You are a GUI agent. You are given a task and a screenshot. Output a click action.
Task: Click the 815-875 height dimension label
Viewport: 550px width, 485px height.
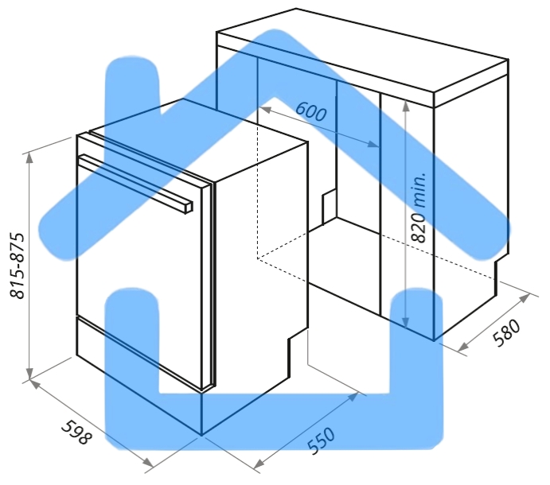pyautogui.click(x=18, y=266)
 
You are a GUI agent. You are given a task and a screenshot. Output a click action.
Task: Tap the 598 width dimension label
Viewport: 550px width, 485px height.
pyautogui.click(x=77, y=432)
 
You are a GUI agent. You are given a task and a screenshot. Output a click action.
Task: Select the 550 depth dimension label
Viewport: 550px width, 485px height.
pyautogui.click(x=321, y=440)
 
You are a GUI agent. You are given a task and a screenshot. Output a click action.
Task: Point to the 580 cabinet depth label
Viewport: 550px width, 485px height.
pyautogui.click(x=506, y=332)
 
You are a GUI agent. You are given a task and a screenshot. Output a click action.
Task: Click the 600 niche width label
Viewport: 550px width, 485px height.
pyautogui.click(x=310, y=111)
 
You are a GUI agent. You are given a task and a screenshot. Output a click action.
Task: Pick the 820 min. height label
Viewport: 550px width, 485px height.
pyautogui.click(x=419, y=207)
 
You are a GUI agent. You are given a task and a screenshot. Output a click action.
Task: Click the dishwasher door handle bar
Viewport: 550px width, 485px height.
pyautogui.click(x=135, y=183)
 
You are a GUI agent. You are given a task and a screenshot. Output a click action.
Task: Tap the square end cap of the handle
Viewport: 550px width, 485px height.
pyautogui.click(x=189, y=207)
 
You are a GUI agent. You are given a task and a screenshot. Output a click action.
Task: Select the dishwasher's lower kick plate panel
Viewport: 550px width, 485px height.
pyautogui.click(x=138, y=353)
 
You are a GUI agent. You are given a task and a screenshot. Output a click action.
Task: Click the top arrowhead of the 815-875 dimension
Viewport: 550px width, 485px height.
pyautogui.click(x=29, y=157)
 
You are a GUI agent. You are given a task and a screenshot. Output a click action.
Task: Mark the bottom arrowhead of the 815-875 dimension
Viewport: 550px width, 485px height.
pyautogui.click(x=29, y=374)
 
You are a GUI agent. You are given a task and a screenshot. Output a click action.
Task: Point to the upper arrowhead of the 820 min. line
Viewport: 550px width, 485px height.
pyautogui.click(x=406, y=106)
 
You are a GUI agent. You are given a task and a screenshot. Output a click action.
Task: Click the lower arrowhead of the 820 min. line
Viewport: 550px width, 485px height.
pyautogui.click(x=406, y=323)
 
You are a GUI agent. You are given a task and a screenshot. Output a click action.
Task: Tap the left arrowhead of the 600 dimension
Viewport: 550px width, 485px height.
pyautogui.click(x=266, y=110)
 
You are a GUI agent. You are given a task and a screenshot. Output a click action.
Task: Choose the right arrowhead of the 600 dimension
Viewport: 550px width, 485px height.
pyautogui.click(x=373, y=144)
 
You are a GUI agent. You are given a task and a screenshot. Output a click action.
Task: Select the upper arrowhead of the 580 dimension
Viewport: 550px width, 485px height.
pyautogui.click(x=525, y=299)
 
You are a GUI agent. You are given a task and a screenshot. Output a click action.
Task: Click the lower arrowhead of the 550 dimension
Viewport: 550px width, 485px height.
pyautogui.click(x=259, y=464)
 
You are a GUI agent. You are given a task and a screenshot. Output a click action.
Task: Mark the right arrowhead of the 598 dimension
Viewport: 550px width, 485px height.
pyautogui.click(x=148, y=463)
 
